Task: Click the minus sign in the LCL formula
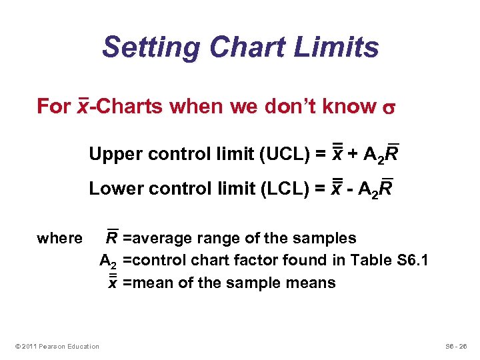349,189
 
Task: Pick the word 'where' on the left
59,238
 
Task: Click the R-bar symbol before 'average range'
113,237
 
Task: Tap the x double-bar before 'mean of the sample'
113,283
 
